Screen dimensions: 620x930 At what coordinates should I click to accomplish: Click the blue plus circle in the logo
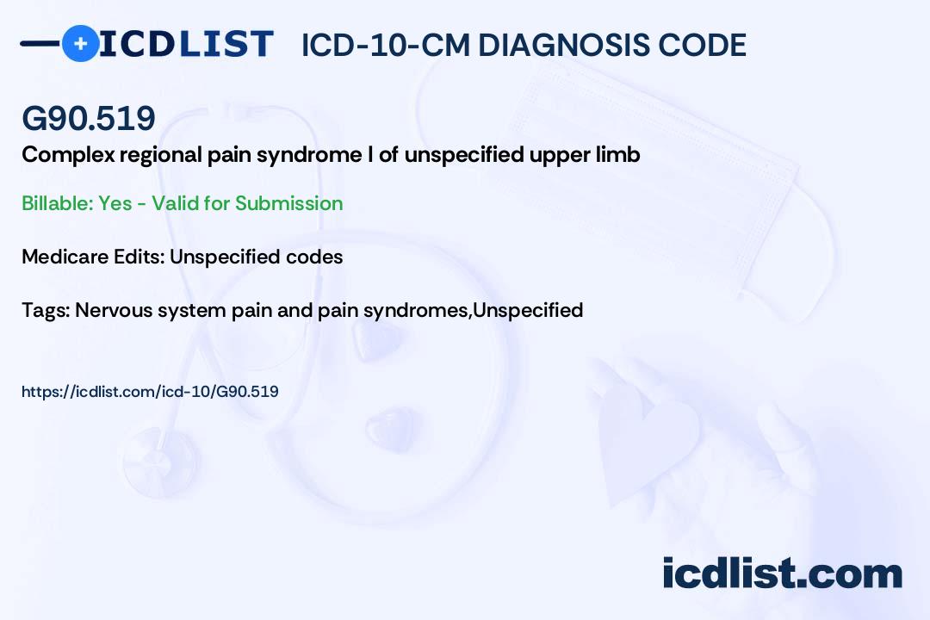pos(80,44)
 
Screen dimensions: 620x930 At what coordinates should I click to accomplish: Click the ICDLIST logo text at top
pos(186,44)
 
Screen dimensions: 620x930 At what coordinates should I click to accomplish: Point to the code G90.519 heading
pos(89,119)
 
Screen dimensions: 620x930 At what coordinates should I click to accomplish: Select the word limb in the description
pos(618,156)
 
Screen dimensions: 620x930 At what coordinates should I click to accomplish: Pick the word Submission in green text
pos(288,203)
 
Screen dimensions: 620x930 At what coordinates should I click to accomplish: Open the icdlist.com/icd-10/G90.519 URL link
pos(150,392)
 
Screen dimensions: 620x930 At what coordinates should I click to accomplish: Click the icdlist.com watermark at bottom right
pos(782,573)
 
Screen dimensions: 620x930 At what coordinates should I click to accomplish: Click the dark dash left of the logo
pos(40,43)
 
